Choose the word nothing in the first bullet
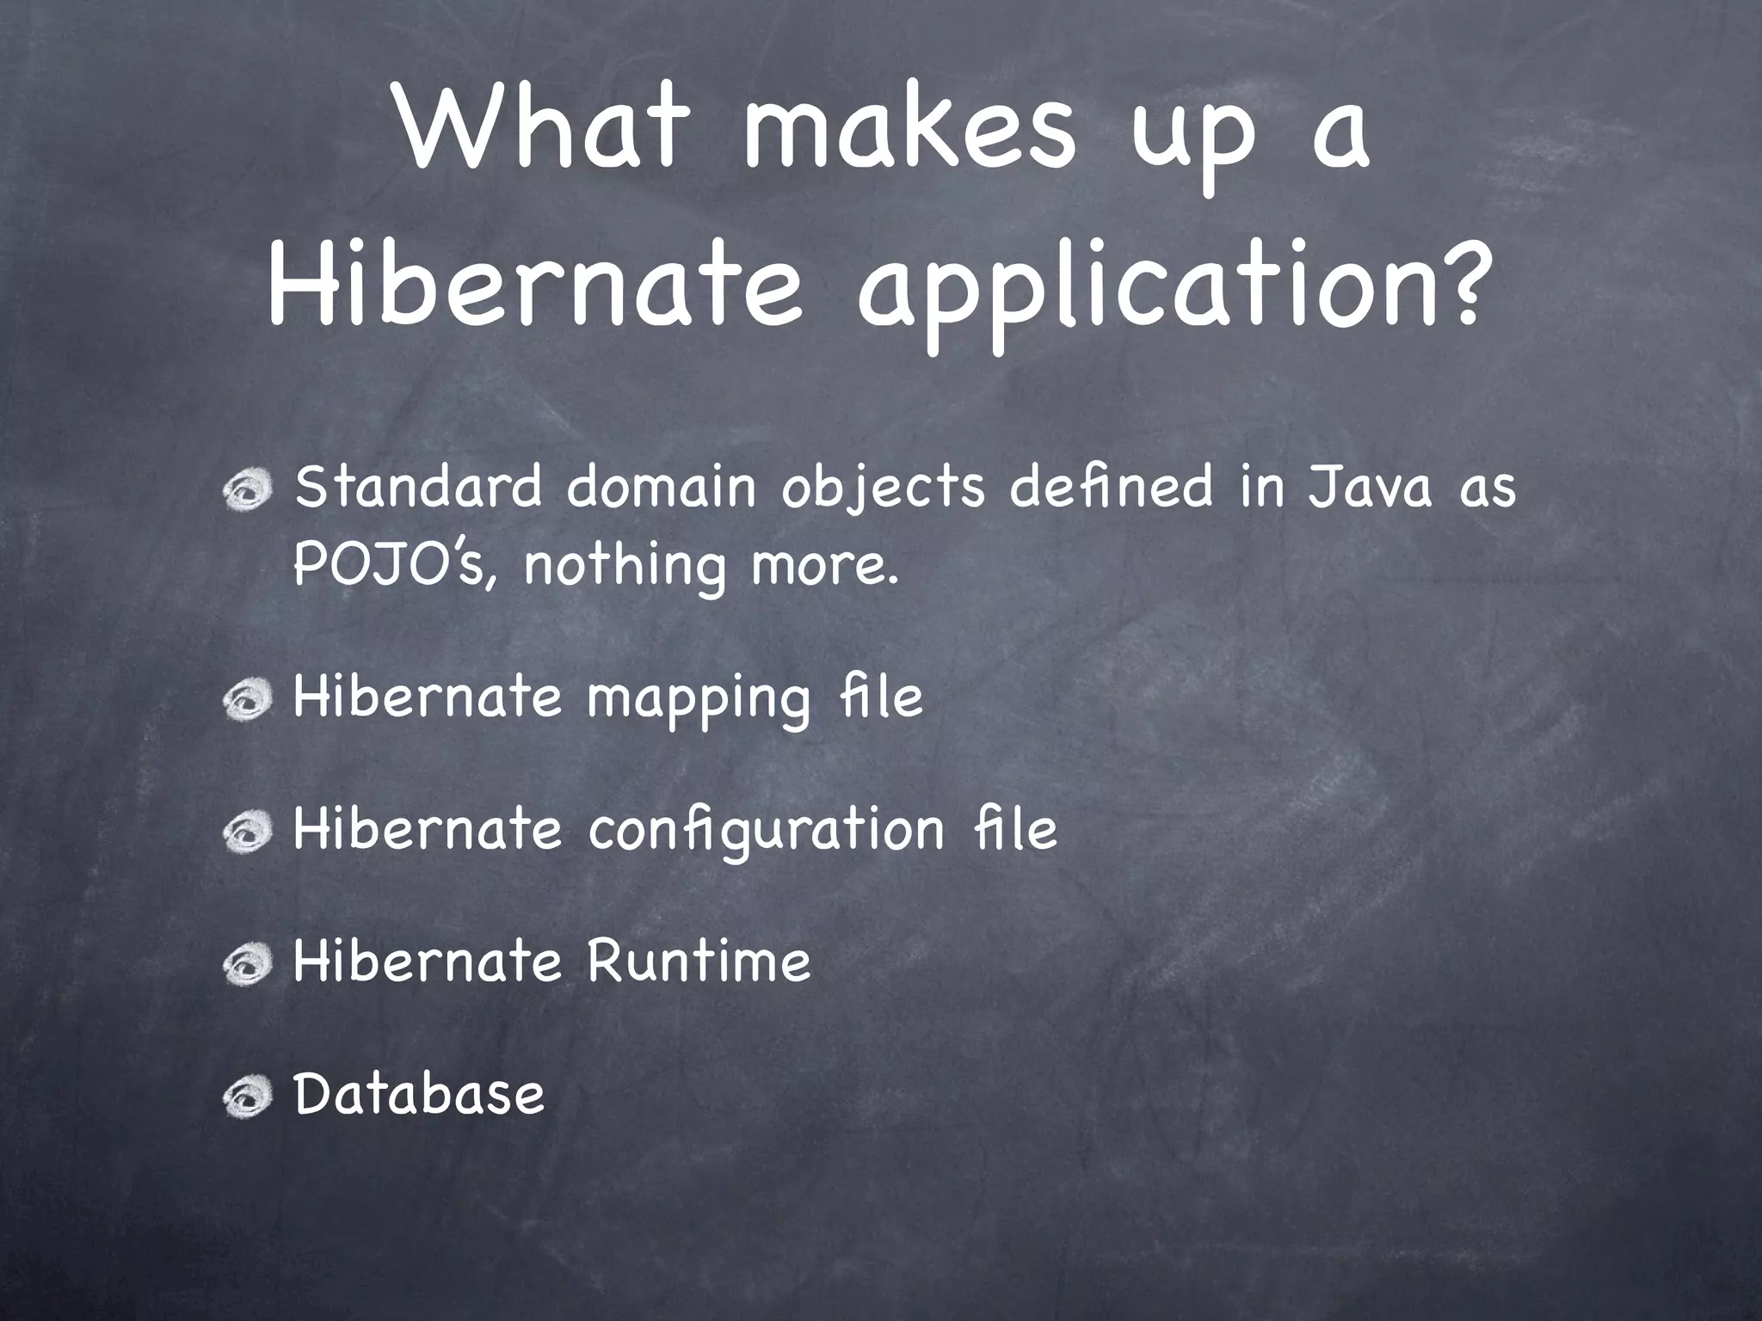(x=625, y=568)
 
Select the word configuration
(x=767, y=832)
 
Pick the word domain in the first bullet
(x=661, y=487)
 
